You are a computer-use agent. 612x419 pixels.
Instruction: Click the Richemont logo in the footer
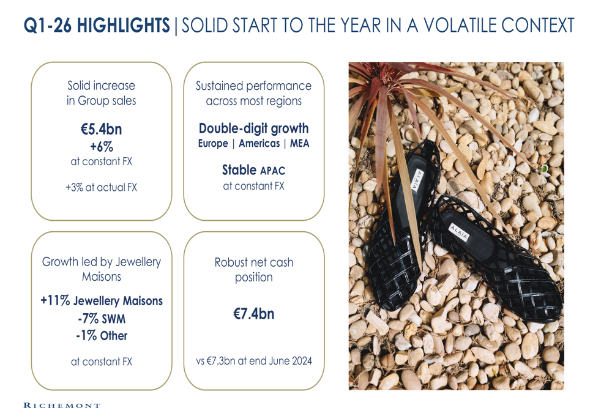[x=62, y=406]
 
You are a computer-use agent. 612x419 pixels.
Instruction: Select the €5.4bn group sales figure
[x=102, y=129]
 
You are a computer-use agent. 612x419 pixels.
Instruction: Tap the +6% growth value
[x=102, y=147]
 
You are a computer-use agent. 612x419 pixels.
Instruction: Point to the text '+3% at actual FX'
[x=102, y=188]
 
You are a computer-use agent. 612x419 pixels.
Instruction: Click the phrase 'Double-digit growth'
[x=254, y=128]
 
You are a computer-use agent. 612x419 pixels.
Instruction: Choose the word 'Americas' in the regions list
[x=259, y=144]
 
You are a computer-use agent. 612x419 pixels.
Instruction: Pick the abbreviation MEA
[x=299, y=144]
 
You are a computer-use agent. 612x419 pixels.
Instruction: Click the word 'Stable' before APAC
[x=239, y=170]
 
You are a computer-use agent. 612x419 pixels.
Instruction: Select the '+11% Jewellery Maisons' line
[x=102, y=301]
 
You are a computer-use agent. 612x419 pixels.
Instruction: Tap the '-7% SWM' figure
[x=102, y=319]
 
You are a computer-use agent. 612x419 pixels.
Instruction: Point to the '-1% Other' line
[x=102, y=336]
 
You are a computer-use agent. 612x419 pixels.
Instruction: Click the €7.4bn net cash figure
[x=254, y=314]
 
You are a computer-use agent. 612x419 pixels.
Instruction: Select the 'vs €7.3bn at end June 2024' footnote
[x=254, y=361]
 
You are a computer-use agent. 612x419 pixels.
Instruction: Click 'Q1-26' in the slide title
[x=47, y=25]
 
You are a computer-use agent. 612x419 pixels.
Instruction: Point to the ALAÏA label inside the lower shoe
[x=459, y=232]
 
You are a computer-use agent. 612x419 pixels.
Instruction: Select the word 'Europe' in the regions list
[x=213, y=144]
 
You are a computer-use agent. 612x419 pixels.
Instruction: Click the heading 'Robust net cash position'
[x=254, y=270]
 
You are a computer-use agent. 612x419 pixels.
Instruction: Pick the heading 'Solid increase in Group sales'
[x=102, y=93]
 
